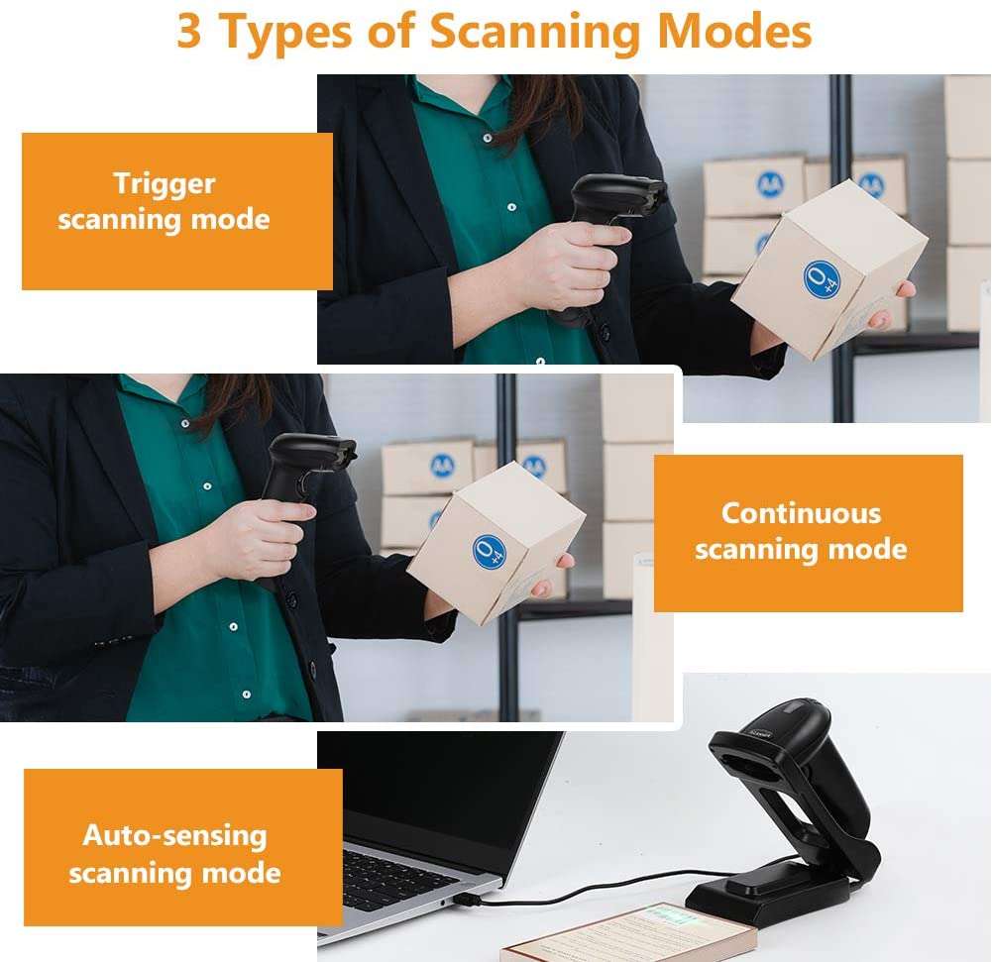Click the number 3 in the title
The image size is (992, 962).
click(191, 32)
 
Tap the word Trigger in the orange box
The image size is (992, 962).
click(164, 183)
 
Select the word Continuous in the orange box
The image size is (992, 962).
click(801, 513)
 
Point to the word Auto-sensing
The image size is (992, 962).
click(174, 835)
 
